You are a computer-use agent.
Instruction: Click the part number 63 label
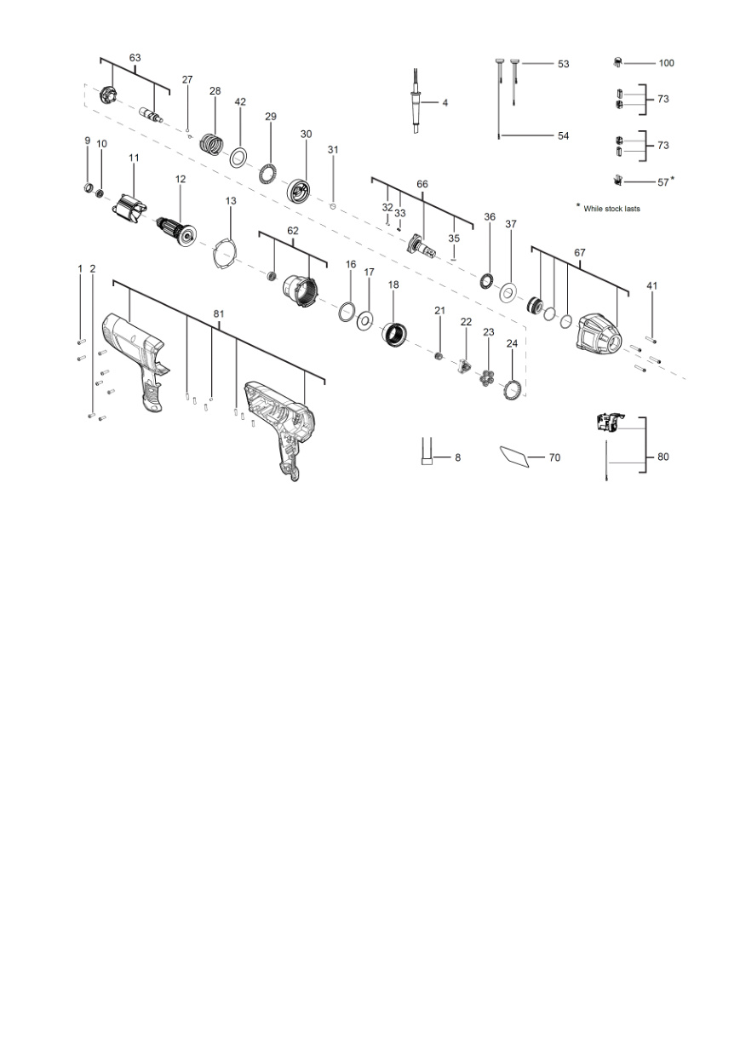tap(135, 58)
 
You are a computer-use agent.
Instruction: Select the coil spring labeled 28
tap(212, 144)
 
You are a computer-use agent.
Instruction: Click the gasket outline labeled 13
tap(225, 253)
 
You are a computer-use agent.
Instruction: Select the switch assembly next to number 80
tap(611, 424)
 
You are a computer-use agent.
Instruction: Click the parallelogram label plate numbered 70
tap(514, 457)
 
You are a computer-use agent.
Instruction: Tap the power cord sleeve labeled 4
tap(416, 102)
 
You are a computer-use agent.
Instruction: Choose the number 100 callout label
tap(666, 63)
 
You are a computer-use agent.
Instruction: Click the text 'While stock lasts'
tap(611, 209)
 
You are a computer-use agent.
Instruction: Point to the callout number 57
tap(663, 182)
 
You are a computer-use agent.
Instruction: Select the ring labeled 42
tap(238, 158)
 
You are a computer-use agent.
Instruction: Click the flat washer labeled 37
tap(508, 292)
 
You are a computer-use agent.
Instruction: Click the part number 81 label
tap(219, 313)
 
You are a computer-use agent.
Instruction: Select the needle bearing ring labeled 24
tap(513, 389)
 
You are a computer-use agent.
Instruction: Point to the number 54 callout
tap(564, 136)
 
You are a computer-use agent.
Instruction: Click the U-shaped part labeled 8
tap(427, 451)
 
